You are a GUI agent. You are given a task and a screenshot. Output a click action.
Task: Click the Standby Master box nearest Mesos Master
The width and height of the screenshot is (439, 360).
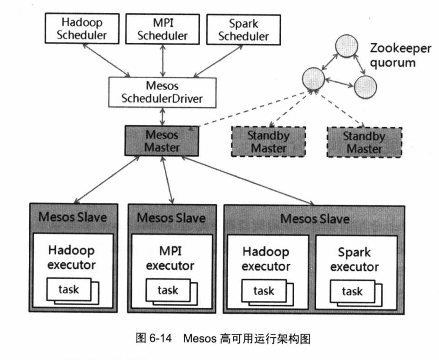tap(268, 142)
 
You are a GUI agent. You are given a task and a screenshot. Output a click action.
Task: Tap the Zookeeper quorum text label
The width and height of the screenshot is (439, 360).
tap(392, 54)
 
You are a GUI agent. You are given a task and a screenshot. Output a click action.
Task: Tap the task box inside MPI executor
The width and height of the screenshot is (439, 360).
tap(167, 291)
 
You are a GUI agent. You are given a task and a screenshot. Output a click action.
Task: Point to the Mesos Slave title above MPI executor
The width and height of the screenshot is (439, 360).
tap(172, 217)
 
